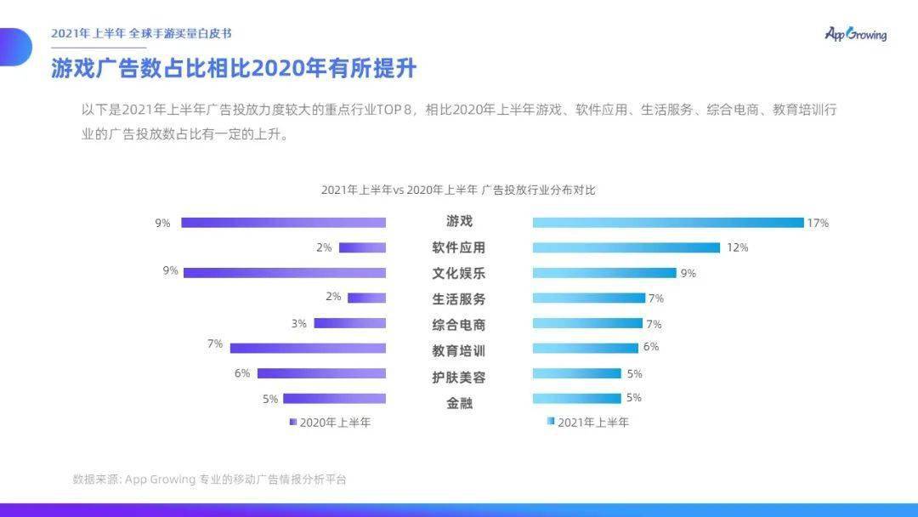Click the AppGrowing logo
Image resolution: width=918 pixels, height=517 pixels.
pyautogui.click(x=855, y=34)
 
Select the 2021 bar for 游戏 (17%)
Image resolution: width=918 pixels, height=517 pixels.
pyautogui.click(x=667, y=223)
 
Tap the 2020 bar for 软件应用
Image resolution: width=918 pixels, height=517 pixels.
pyautogui.click(x=362, y=247)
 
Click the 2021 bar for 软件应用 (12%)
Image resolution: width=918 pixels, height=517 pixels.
pyautogui.click(x=626, y=247)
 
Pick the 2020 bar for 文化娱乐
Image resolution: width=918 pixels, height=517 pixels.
pyautogui.click(x=285, y=273)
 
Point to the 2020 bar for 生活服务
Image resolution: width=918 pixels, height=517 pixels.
pyautogui.click(x=366, y=298)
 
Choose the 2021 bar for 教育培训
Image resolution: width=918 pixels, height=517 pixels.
pyautogui.click(x=585, y=348)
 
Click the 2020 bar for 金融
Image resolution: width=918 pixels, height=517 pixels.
pyautogui.click(x=334, y=398)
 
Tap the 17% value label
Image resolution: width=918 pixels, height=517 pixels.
pyautogui.click(x=818, y=223)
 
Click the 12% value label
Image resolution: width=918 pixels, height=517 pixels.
pyautogui.click(x=737, y=247)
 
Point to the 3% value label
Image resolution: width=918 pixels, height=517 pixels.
pyautogui.click(x=298, y=323)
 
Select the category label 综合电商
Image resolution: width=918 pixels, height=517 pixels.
pyautogui.click(x=459, y=325)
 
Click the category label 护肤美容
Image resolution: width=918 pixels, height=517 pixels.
pyautogui.click(x=459, y=377)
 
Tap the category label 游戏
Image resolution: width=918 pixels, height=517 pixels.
pyautogui.click(x=459, y=221)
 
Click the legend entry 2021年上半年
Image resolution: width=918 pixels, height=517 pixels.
pyautogui.click(x=588, y=422)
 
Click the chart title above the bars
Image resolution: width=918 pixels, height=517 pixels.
pyautogui.click(x=458, y=190)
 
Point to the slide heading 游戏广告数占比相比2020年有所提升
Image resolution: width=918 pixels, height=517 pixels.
pyautogui.click(x=234, y=68)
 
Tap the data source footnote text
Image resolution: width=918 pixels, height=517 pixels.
pyautogui.click(x=210, y=480)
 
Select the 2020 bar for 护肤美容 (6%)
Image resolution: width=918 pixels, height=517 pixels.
pyautogui.click(x=321, y=373)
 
